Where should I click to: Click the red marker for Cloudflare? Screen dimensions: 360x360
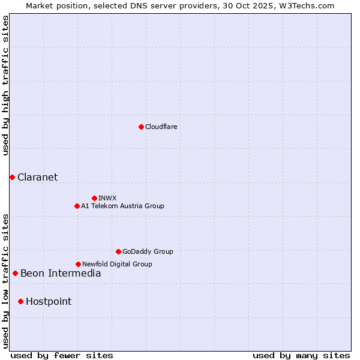[141, 127]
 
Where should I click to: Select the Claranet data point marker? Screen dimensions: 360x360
[12, 177]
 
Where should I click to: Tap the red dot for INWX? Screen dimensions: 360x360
[94, 198]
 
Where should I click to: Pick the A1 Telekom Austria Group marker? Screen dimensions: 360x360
[77, 206]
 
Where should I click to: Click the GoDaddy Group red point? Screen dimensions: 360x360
[118, 251]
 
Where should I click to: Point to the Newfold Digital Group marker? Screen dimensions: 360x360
[78, 264]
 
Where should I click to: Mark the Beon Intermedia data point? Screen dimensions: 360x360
[15, 274]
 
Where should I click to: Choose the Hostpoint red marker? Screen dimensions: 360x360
[20, 301]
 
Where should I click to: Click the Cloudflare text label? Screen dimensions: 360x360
[161, 127]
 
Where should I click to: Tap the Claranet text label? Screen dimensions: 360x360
[38, 177]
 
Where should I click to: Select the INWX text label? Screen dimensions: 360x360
[107, 198]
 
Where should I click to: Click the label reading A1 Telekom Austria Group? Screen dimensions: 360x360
[122, 206]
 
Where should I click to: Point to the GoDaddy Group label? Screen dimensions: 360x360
[148, 251]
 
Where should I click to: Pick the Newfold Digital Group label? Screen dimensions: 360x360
[117, 264]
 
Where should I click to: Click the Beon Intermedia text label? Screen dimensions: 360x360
[61, 274]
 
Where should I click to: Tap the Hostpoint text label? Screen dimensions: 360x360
[49, 301]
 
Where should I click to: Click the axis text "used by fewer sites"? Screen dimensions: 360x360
[62, 355]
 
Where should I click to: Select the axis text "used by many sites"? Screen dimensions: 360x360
[301, 355]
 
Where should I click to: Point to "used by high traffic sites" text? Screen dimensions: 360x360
[5, 85]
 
